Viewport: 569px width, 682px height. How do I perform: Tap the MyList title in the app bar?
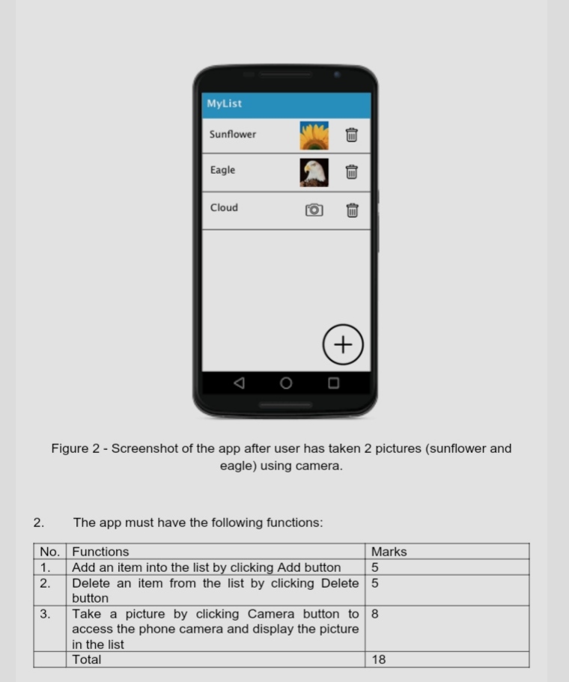coord(225,104)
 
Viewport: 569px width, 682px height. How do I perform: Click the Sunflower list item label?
coord(233,135)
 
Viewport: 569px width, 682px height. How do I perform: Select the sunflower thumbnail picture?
coord(314,136)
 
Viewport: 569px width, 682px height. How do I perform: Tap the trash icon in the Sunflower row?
coord(352,136)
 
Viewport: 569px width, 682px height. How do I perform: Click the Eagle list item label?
coord(222,171)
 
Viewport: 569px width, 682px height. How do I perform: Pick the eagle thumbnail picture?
coord(314,172)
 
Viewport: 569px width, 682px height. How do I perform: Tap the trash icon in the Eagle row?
coord(352,172)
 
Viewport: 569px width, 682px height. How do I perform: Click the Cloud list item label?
coord(224,208)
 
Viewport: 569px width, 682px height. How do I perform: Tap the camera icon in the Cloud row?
coord(314,210)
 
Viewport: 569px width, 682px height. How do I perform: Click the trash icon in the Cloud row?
coord(352,210)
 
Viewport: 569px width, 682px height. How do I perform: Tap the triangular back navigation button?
coord(239,383)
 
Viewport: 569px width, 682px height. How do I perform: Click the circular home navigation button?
coord(286,383)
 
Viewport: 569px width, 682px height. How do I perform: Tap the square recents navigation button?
coord(333,383)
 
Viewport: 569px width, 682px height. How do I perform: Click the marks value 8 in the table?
coord(375,614)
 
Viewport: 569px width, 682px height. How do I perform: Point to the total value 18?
coord(379,660)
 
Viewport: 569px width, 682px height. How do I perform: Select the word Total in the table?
coord(86,660)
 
